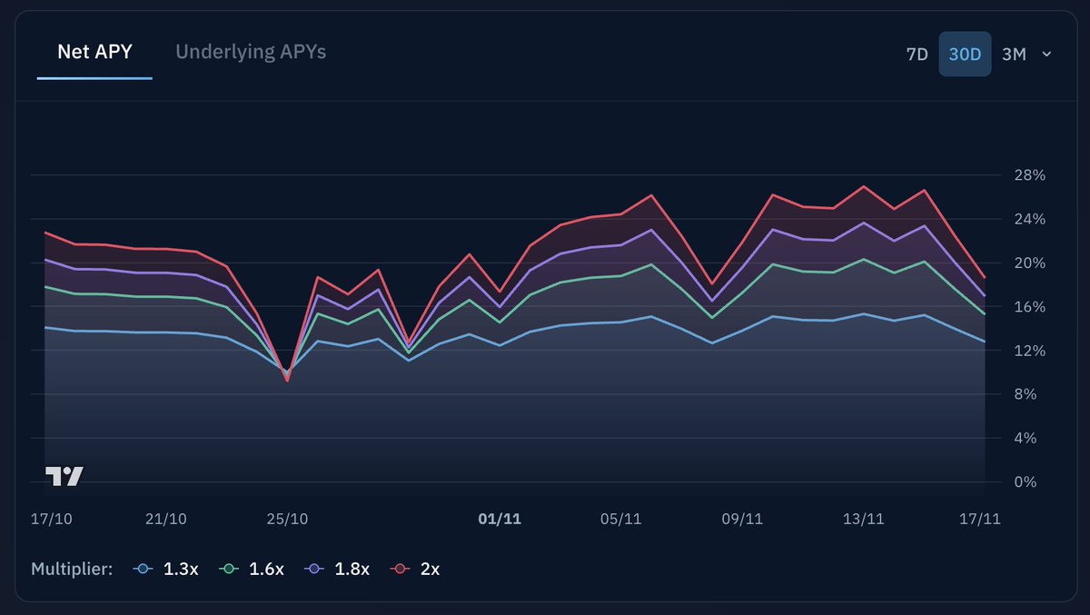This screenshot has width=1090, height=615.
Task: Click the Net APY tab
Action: (x=94, y=52)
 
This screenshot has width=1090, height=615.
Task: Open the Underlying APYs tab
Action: (x=251, y=52)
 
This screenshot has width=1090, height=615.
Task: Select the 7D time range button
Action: (x=917, y=55)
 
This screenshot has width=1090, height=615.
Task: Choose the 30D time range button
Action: (x=965, y=55)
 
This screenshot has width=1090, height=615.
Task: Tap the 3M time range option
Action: (x=1014, y=55)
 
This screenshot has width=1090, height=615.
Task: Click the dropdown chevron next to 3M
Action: (x=1046, y=55)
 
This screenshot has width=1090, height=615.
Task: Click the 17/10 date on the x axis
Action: (x=52, y=519)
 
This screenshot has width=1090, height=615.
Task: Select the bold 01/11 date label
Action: (x=500, y=519)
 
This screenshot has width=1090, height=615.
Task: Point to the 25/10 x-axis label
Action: (x=287, y=519)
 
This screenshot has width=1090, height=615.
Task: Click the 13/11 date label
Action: (x=863, y=519)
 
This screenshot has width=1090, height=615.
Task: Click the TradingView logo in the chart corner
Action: (x=64, y=476)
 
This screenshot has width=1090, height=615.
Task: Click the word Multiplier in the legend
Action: (x=72, y=570)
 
